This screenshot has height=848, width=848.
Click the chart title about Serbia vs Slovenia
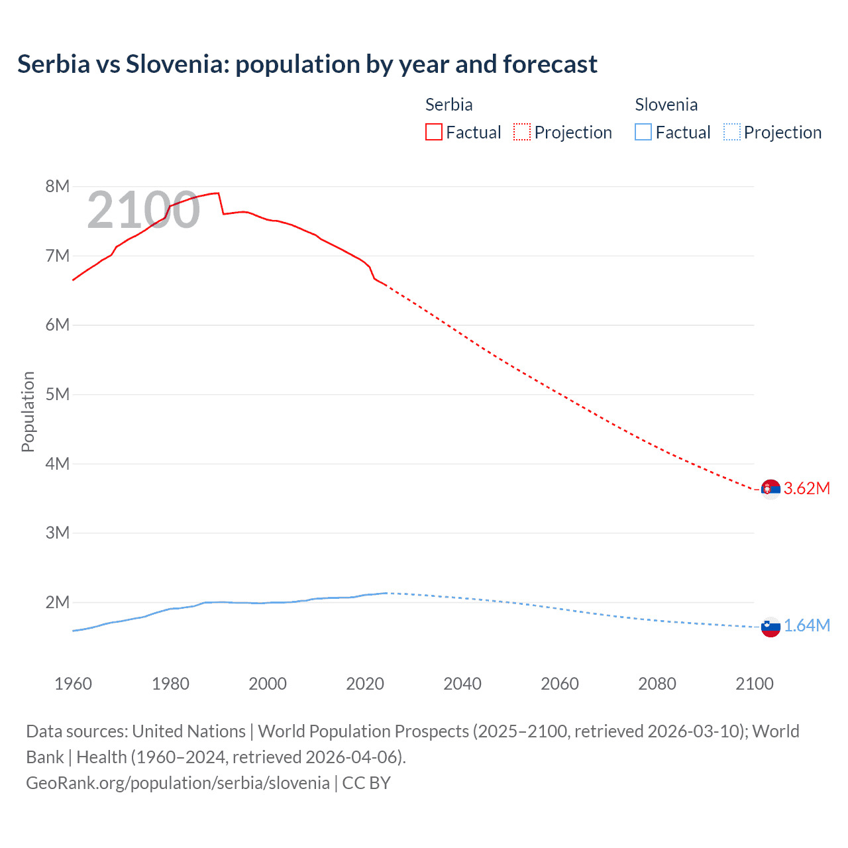[x=307, y=64]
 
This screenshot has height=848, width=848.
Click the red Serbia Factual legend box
[x=433, y=132]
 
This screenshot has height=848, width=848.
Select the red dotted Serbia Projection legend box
[x=521, y=132]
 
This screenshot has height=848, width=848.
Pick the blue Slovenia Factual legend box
[x=643, y=132]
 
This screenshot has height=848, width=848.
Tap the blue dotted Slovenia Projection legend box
[x=731, y=132]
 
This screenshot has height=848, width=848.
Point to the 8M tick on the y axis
[x=58, y=186]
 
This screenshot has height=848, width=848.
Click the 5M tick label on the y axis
[x=58, y=394]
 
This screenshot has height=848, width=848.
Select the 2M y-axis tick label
[x=58, y=602]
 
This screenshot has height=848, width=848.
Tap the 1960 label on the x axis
[x=73, y=684]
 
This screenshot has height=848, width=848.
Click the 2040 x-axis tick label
[x=462, y=684]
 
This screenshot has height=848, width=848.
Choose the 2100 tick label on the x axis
[x=754, y=684]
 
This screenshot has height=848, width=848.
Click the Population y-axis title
[x=28, y=411]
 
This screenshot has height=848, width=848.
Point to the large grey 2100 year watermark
[x=143, y=210]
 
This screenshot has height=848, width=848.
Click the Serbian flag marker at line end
[x=770, y=489]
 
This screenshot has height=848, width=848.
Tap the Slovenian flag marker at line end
[x=770, y=627]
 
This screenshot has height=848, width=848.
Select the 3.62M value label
[x=806, y=489]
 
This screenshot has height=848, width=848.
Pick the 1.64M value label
[x=806, y=626]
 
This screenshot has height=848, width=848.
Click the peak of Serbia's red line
[x=217, y=193]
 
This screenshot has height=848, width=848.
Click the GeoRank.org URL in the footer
[x=178, y=783]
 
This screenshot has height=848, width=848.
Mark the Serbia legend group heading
[x=449, y=105]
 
